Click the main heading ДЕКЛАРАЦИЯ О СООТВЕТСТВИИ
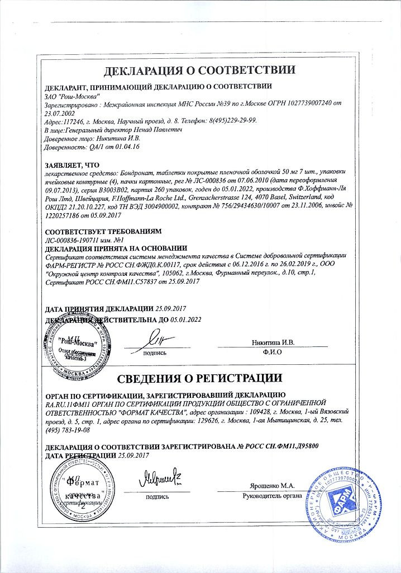coord(200,71)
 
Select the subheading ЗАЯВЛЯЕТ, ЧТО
coord(72,166)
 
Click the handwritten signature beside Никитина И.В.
coord(159,339)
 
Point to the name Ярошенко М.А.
coord(270,486)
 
